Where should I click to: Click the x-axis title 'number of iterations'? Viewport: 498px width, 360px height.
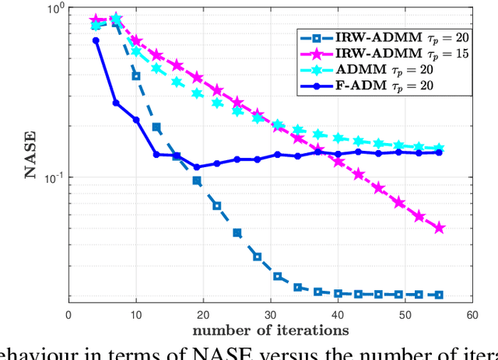tap(271, 330)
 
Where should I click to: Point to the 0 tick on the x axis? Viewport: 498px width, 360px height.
tap(68, 314)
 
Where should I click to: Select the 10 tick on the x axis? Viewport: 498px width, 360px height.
tap(136, 314)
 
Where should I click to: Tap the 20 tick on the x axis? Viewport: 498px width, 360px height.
tap(203, 314)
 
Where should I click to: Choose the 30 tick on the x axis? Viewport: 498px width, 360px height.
tap(271, 314)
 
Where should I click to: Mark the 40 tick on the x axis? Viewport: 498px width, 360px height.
tap(338, 314)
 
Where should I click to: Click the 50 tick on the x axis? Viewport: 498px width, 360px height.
tap(405, 314)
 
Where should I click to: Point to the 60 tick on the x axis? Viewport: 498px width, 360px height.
tap(472, 314)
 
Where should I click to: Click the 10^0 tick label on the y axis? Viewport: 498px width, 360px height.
tap(53, 9)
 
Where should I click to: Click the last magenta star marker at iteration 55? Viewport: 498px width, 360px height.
tap(439, 228)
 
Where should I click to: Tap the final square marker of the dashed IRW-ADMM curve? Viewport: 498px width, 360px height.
tap(439, 295)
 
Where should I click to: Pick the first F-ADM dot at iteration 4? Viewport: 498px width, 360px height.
tap(96, 40)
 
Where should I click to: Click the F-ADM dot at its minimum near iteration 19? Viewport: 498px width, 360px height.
tap(197, 166)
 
